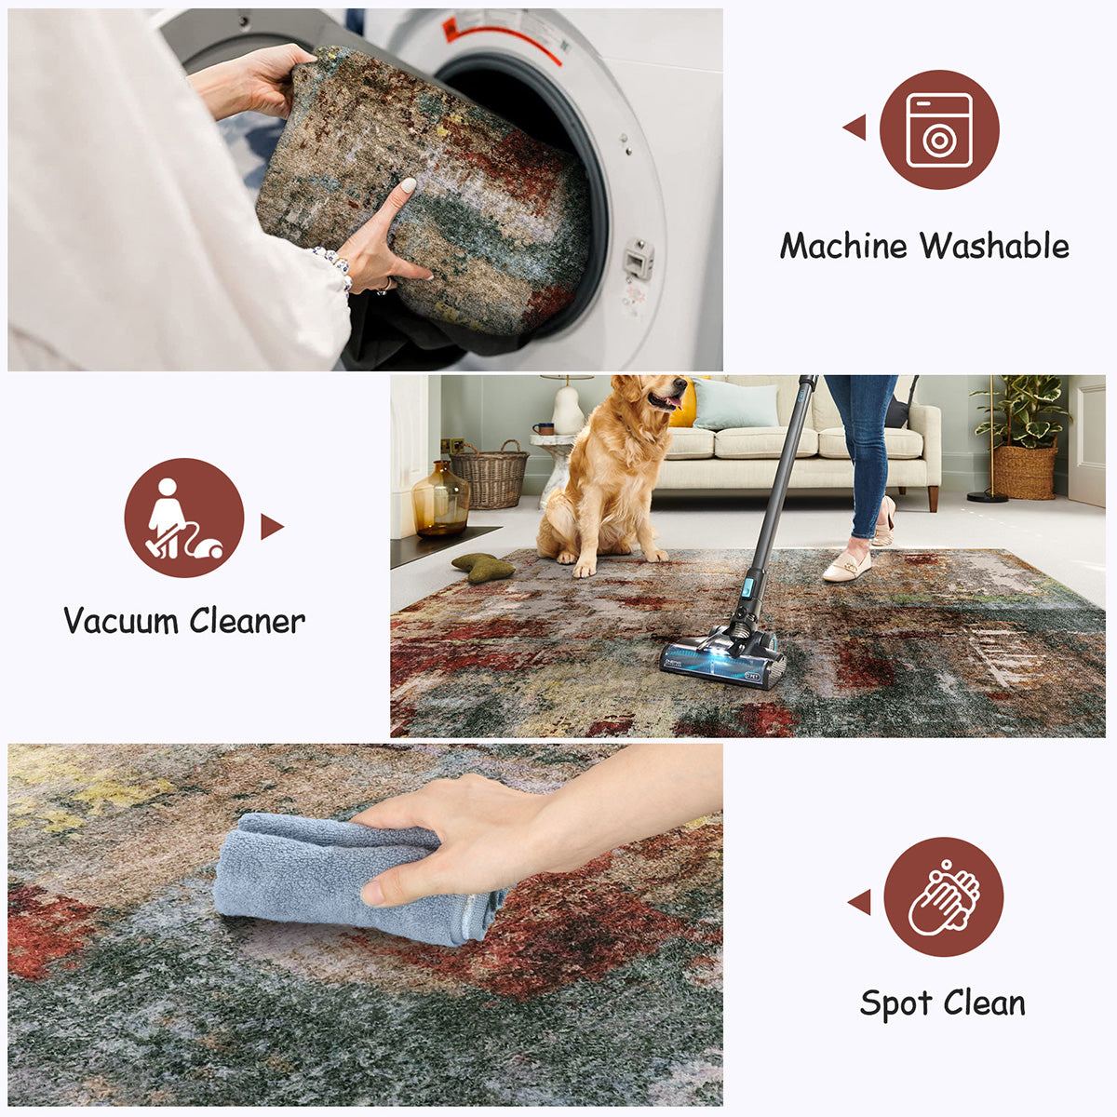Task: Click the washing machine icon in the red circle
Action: (939, 129)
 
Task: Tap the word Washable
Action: (995, 247)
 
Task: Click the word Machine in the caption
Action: (843, 247)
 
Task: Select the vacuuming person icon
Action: (184, 518)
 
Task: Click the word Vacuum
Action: (121, 621)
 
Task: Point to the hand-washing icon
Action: (943, 896)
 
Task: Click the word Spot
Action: (895, 1004)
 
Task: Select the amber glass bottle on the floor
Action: (441, 500)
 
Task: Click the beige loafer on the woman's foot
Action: (847, 566)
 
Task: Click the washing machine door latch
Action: (638, 258)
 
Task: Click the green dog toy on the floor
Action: (483, 567)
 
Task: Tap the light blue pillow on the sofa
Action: (735, 405)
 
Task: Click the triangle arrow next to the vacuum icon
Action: (271, 527)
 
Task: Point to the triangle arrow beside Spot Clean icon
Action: (859, 901)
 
